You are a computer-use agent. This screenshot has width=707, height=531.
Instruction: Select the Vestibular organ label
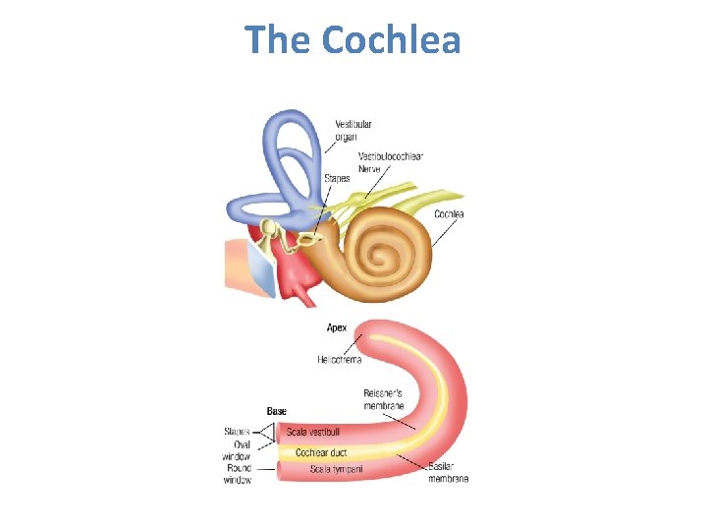pos(353,131)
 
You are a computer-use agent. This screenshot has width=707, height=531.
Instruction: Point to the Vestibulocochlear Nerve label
pos(390,162)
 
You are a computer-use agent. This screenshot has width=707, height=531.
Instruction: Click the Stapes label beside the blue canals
pos(337,179)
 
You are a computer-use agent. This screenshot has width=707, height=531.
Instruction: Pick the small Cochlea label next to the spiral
pos(449,214)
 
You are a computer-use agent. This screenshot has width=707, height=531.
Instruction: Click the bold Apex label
pos(336,327)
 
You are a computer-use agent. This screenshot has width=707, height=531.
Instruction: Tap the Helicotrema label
pos(339,360)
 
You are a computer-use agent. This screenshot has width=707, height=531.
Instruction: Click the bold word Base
pos(277,411)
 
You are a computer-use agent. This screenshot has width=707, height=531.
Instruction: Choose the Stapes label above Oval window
pos(237,431)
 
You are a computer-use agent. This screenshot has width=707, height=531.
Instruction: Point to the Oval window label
pos(238,450)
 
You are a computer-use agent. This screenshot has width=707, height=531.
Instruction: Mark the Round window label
pos(239,474)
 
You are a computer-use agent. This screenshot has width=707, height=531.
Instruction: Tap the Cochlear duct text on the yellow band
pos(321,452)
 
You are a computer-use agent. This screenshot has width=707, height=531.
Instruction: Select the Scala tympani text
pos(335,469)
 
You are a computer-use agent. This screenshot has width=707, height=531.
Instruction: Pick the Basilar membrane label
pos(448,472)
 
